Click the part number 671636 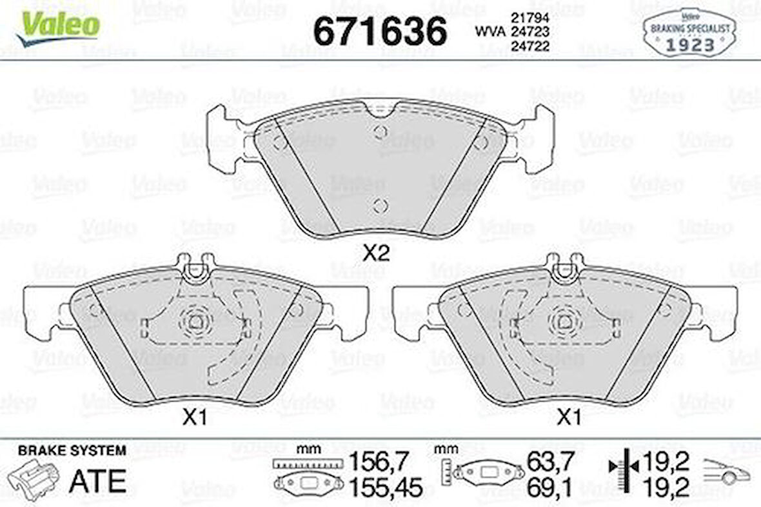coord(380,30)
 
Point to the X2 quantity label coord(377,253)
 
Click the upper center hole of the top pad coord(380,133)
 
